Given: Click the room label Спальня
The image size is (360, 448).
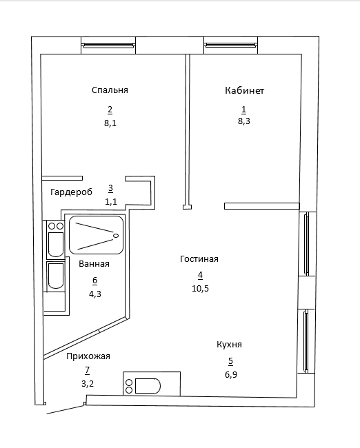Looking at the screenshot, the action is (110, 90).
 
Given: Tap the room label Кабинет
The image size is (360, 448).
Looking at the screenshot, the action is (244, 90).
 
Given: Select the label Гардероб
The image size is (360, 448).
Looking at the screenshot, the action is (72, 192).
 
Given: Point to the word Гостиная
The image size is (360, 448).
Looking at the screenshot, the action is (199, 259).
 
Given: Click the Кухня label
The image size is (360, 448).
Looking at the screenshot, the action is (230, 345).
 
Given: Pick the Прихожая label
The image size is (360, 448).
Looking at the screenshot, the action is (88, 356).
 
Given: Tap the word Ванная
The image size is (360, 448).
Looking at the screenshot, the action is (94, 264).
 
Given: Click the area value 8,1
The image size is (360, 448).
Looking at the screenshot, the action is (110, 123).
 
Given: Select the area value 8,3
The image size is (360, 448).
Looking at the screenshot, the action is (244, 121).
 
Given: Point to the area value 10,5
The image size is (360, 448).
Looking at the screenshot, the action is (201, 289).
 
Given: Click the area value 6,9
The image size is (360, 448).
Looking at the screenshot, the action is (231, 374).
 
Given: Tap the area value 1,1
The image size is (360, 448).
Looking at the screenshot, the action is (111, 202).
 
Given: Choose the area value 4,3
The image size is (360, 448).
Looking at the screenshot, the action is (95, 294).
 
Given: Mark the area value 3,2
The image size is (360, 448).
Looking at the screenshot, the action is (88, 384).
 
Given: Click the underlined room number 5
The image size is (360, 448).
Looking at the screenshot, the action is (231, 361).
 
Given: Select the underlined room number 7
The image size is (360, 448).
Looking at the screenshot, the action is (87, 371).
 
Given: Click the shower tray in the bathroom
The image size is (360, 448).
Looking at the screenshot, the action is (97, 235).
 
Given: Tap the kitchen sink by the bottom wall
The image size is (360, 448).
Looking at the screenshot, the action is (152, 383).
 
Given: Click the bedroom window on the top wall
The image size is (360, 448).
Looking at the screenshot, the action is (108, 45).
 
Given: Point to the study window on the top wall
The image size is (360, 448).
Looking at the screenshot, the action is (230, 45).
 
